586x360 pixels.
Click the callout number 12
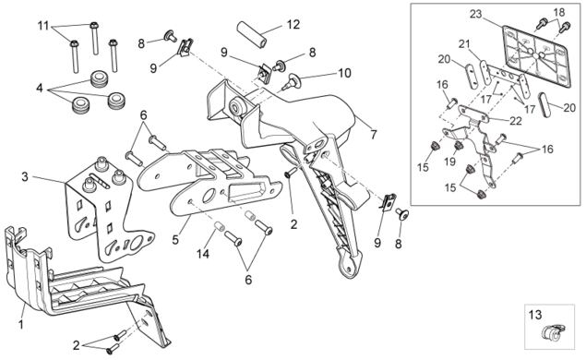[x=293, y=25]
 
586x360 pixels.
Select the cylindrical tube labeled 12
[x=253, y=34]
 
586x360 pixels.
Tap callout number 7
[x=374, y=134]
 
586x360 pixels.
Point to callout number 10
[x=344, y=73]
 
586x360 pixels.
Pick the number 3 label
[x=25, y=176]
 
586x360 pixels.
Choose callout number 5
[x=175, y=239]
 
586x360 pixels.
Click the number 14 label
[x=203, y=254]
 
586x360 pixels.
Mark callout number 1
[x=21, y=324]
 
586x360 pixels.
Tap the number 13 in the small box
[x=535, y=315]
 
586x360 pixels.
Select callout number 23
[x=476, y=15]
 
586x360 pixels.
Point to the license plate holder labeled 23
[x=537, y=56]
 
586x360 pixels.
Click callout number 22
[x=516, y=121]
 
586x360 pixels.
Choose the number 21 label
[x=464, y=44]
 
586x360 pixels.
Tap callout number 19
[x=450, y=162]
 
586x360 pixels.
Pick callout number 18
[x=559, y=12]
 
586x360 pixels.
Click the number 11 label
[x=43, y=26]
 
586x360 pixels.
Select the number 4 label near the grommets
[x=40, y=89]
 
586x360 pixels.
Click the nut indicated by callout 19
[x=458, y=146]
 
